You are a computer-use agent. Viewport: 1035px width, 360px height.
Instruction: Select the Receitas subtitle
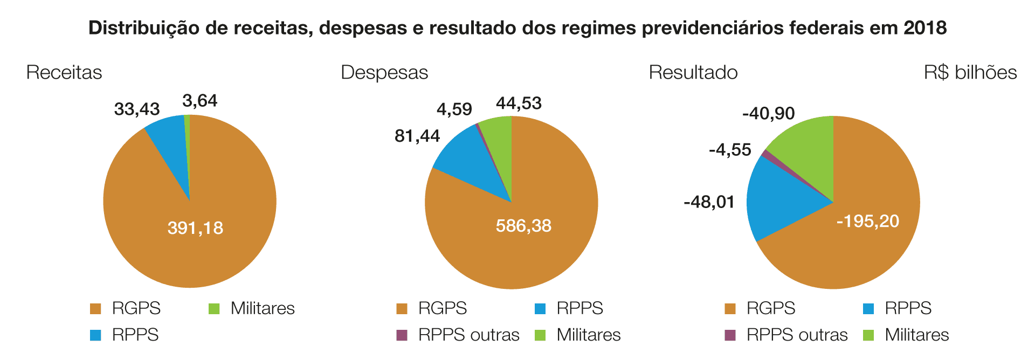[64, 72]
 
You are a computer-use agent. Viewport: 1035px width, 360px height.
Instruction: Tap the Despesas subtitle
[384, 72]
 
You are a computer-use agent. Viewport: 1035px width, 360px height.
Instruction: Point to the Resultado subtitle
[693, 72]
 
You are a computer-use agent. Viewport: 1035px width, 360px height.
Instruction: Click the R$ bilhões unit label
[970, 72]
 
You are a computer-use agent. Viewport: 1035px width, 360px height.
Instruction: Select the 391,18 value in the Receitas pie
[195, 228]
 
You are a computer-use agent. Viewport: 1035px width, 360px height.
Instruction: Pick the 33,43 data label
[137, 109]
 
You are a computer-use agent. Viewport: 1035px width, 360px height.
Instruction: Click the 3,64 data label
[200, 101]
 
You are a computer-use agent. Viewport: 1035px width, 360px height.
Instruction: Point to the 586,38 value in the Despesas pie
[523, 225]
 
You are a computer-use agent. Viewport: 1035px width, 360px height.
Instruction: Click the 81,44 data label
[417, 136]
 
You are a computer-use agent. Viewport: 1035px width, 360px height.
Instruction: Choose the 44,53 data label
[519, 103]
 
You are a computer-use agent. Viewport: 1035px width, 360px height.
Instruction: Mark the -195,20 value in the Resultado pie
[868, 221]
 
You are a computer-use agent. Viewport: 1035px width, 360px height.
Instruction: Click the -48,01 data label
[709, 202]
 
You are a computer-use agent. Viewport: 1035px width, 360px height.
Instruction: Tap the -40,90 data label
[769, 114]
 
